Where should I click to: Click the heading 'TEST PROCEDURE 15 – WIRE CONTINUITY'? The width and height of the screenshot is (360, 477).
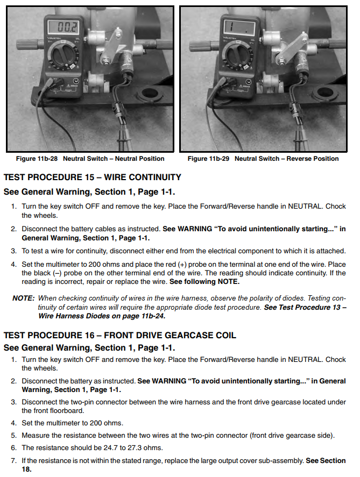(x=93, y=177)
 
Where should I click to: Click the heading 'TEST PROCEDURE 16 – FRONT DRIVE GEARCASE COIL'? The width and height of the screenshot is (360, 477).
(x=120, y=336)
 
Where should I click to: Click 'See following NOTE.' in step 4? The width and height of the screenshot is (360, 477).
(x=204, y=282)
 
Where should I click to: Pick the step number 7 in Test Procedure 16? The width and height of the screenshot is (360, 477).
(x=14, y=461)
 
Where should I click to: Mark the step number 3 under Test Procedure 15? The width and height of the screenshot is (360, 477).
(x=14, y=251)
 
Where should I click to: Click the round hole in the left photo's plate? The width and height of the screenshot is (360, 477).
(x=147, y=98)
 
